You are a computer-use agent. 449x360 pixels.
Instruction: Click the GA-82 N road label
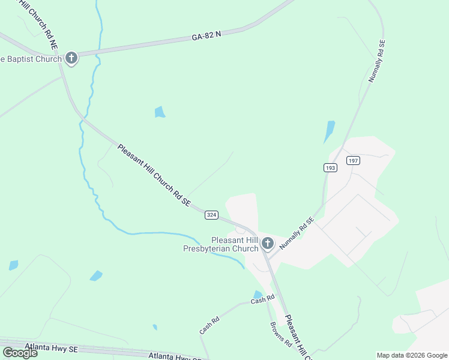pyautogui.click(x=206, y=36)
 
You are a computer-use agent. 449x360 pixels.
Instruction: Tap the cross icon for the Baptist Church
pyautogui.click(x=71, y=58)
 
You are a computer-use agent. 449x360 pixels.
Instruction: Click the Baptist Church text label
pyautogui.click(x=31, y=59)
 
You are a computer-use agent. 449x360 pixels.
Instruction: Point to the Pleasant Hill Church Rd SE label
pyautogui.click(x=154, y=176)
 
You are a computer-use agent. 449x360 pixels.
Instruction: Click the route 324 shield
pyautogui.click(x=211, y=214)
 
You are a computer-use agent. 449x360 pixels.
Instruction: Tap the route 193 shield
pyautogui.click(x=330, y=168)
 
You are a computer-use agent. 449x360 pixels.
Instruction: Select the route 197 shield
pyautogui.click(x=352, y=160)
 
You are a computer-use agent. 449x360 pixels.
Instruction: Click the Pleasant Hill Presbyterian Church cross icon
pyautogui.click(x=268, y=244)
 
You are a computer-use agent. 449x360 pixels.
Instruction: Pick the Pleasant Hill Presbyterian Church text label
pyautogui.click(x=221, y=244)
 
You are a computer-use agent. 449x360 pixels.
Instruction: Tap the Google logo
pyautogui.click(x=20, y=352)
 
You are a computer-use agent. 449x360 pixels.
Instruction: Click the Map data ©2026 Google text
pyautogui.click(x=412, y=355)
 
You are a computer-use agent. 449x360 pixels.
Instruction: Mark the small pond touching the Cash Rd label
pyautogui.click(x=258, y=294)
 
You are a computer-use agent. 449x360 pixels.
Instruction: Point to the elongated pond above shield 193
pyautogui.click(x=329, y=131)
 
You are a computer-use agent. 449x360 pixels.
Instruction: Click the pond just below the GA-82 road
pyautogui.click(x=159, y=112)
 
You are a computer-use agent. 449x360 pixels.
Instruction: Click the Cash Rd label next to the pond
pyautogui.click(x=262, y=299)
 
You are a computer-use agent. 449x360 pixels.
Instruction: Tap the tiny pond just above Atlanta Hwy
pyautogui.click(x=155, y=327)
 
